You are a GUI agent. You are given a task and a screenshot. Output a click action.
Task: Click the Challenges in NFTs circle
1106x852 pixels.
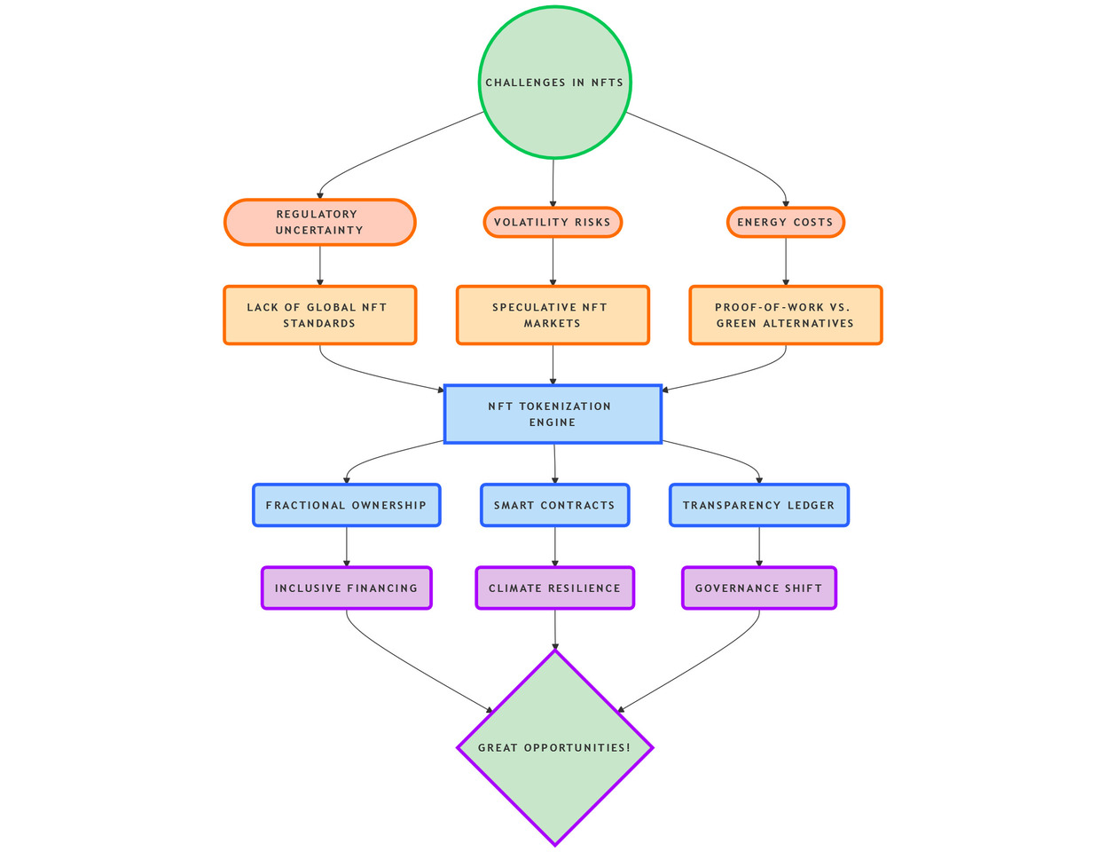(x=554, y=83)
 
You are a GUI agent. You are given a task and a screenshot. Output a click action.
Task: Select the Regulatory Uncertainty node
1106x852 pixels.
(x=319, y=222)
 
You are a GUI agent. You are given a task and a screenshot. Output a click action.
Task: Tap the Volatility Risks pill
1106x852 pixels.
(x=553, y=222)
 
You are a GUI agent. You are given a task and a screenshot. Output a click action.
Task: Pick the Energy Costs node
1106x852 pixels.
(x=785, y=222)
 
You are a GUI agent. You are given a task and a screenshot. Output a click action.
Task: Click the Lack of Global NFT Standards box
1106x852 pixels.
(x=319, y=315)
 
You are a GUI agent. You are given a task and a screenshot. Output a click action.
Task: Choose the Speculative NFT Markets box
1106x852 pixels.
(x=553, y=315)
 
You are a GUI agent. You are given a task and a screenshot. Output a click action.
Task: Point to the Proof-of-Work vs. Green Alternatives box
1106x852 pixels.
(x=785, y=315)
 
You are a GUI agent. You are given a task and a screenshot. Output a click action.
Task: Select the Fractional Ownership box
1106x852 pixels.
(x=346, y=505)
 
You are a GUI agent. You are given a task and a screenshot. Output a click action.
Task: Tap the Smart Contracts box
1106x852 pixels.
(x=554, y=505)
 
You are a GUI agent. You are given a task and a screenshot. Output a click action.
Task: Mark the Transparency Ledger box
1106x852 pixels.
(x=758, y=505)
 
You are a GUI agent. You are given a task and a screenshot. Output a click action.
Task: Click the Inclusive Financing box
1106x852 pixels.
(x=346, y=588)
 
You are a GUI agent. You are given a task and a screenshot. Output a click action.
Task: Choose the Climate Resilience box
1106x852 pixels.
(x=554, y=588)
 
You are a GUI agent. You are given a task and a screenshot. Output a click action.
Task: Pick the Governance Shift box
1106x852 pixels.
(x=758, y=588)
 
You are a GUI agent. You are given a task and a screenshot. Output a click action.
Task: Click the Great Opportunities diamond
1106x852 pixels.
(x=554, y=747)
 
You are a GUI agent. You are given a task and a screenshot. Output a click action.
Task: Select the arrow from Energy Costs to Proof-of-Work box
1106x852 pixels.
(x=785, y=262)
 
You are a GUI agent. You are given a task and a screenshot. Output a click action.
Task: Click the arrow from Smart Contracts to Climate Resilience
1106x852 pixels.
(x=554, y=547)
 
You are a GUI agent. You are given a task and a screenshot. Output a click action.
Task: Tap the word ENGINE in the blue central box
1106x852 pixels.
(x=553, y=422)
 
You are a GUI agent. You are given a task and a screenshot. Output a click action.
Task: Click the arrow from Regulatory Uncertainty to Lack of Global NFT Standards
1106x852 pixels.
(x=319, y=265)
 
